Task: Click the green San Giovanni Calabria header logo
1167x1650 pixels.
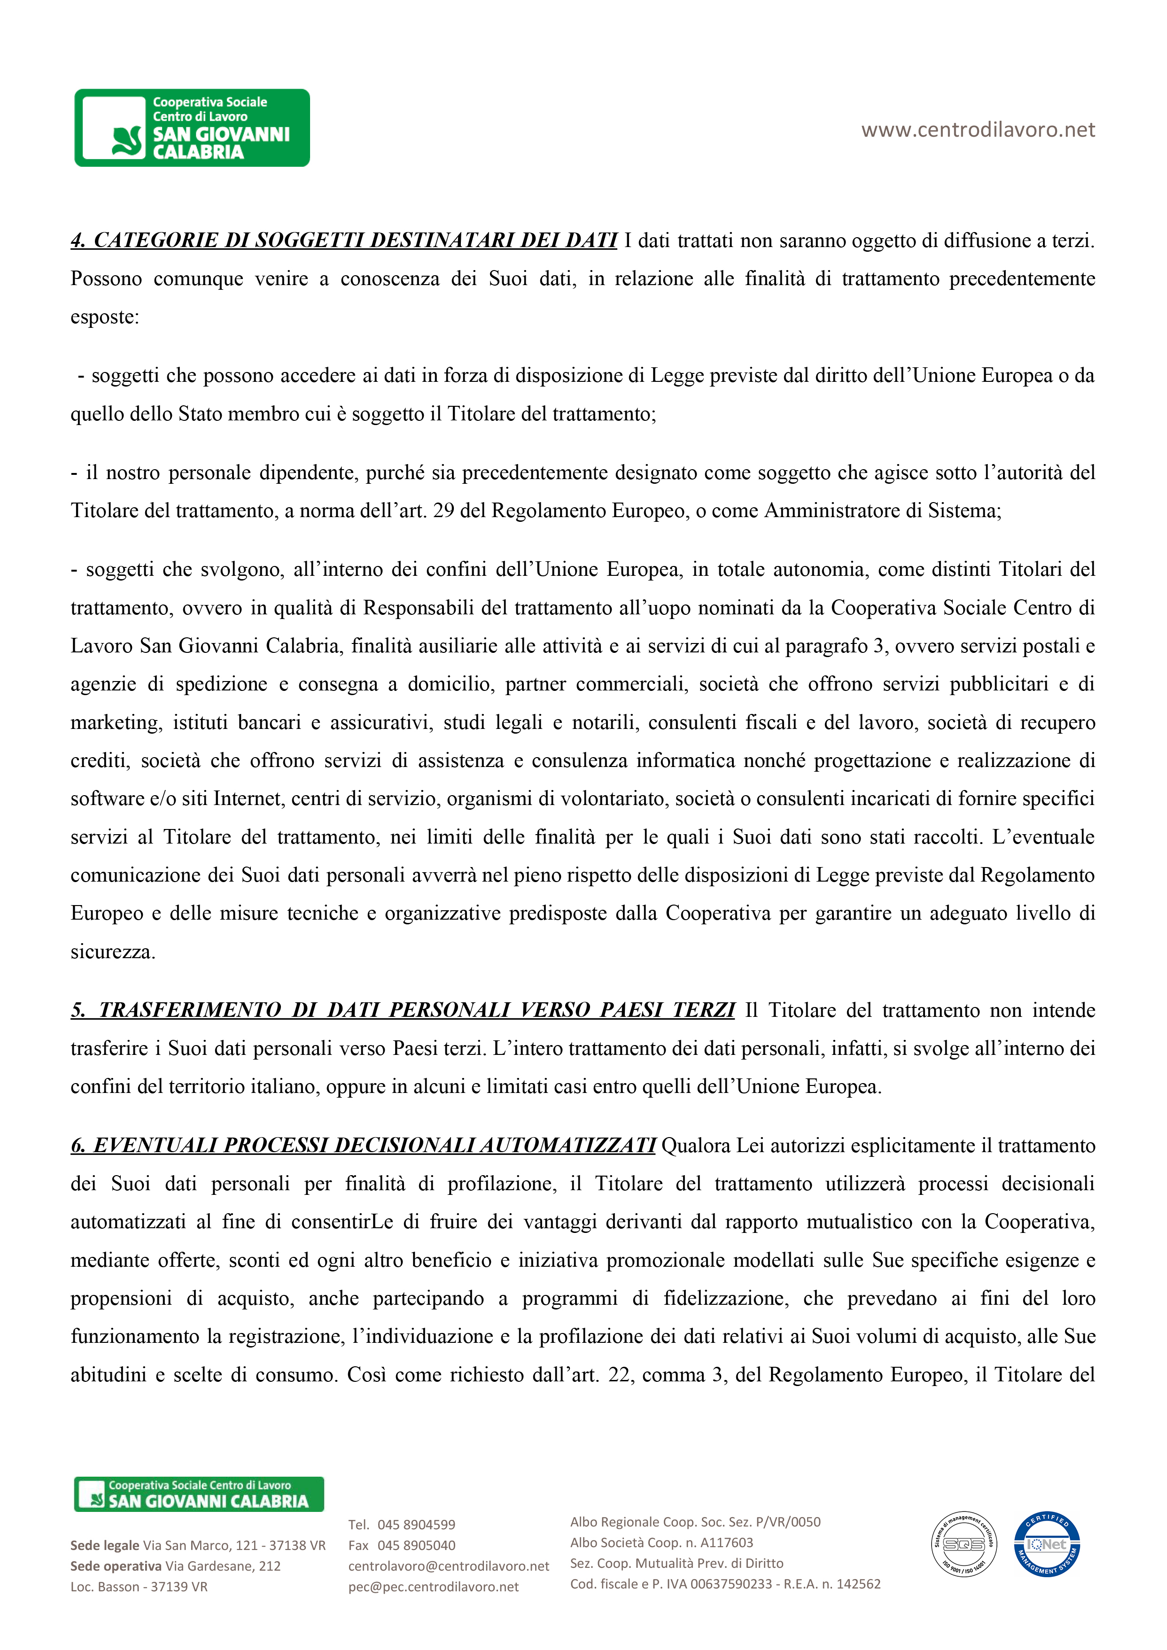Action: (x=192, y=128)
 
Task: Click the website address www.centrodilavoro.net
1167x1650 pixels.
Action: (x=978, y=130)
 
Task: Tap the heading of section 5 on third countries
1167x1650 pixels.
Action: (x=403, y=1010)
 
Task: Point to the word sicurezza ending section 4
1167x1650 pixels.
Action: (x=112, y=952)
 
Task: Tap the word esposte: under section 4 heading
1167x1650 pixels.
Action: (x=105, y=318)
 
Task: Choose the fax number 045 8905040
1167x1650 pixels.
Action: (x=416, y=1546)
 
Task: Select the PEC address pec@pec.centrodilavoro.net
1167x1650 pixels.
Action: (x=434, y=1587)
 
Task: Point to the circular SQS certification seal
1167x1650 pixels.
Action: (x=964, y=1544)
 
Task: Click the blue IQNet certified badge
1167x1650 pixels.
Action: (x=1046, y=1544)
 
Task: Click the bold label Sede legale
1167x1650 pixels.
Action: (x=105, y=1546)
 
